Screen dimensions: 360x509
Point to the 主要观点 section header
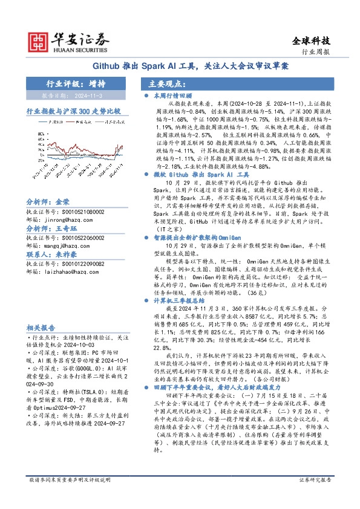(x=169, y=84)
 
